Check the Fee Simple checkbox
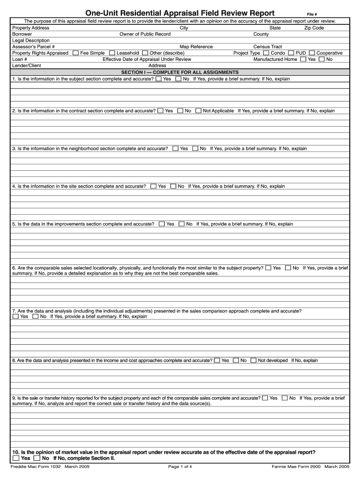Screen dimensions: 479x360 [x=76, y=53]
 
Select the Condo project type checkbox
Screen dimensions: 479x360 [x=266, y=53]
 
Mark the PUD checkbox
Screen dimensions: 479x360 [x=291, y=53]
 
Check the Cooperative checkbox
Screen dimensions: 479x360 [x=312, y=53]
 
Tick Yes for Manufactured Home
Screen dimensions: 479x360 [x=303, y=59]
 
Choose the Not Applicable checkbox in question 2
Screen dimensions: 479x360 [x=198, y=111]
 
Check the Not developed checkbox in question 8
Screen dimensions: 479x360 [x=253, y=361]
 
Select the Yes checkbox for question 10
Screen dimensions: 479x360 [x=16, y=458]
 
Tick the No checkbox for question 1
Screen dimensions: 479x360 [x=178, y=79]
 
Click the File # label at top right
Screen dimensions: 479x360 [x=312, y=15]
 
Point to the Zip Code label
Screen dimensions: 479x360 [x=314, y=28]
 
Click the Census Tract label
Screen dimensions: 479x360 [x=267, y=47]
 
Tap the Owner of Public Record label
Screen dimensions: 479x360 [x=145, y=34]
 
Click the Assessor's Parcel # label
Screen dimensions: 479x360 [x=33, y=47]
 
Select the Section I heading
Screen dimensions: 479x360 [x=180, y=73]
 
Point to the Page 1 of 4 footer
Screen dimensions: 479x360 [x=180, y=466]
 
